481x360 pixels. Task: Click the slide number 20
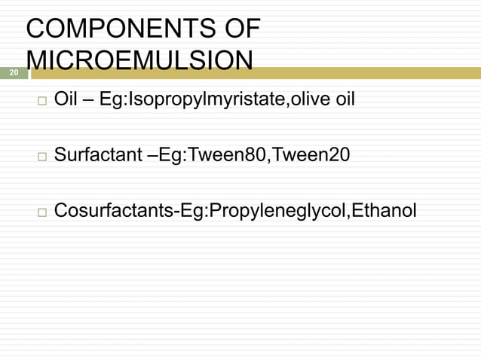click(x=13, y=73)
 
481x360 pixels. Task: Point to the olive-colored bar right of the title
click(x=369, y=73)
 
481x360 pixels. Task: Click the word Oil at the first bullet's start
click(x=66, y=100)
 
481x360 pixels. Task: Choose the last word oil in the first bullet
click(x=344, y=100)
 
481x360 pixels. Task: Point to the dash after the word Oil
click(x=88, y=101)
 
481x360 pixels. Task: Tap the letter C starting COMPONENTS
click(x=35, y=30)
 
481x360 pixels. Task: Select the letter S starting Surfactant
click(x=60, y=156)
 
